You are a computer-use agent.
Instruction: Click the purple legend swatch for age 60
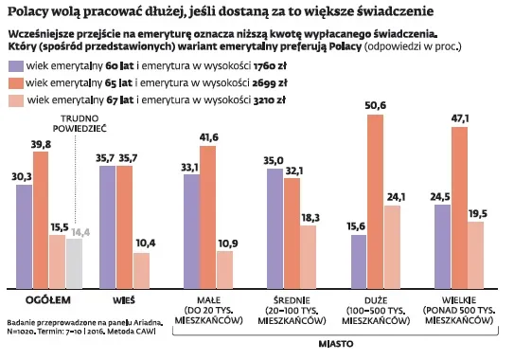point(14,67)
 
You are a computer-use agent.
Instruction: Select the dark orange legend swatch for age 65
point(14,83)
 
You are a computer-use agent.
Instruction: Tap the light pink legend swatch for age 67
point(14,99)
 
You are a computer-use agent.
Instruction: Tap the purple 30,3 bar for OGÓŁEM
point(24,237)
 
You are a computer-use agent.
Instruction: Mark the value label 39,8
point(41,144)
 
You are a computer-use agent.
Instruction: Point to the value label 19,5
point(476,213)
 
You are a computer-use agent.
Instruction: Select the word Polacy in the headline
point(30,12)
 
